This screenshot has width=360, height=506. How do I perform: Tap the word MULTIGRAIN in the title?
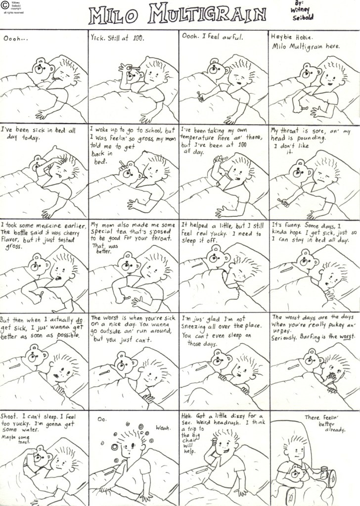[x=207, y=13]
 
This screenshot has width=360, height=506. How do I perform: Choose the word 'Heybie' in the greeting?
[x=280, y=37]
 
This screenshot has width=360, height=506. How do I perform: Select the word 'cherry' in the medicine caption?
[x=71, y=232]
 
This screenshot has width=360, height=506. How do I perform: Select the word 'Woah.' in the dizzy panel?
[x=163, y=428]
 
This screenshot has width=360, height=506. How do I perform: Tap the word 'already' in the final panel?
[x=335, y=430]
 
